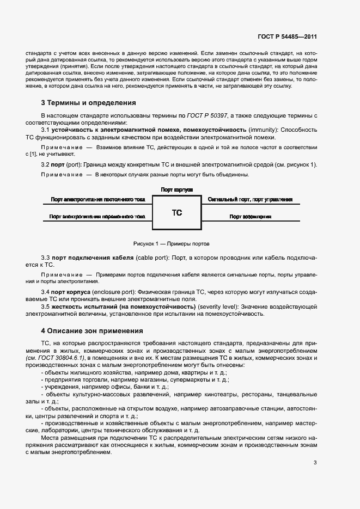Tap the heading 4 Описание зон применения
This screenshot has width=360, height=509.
[x=92, y=330]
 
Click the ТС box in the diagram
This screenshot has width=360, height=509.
[x=176, y=213]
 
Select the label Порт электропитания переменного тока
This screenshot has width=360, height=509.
[x=97, y=217]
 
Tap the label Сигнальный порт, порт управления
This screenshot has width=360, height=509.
[x=250, y=200]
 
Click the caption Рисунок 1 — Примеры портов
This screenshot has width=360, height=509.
[x=171, y=243]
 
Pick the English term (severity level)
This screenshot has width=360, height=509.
[x=217, y=307]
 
